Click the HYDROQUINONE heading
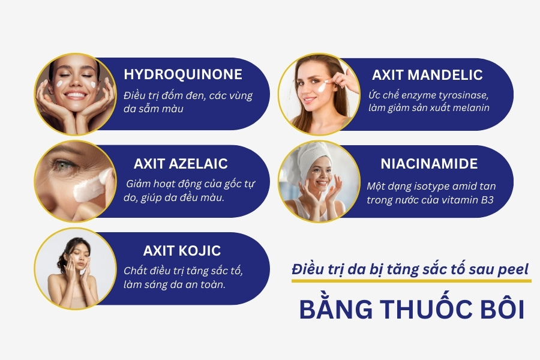183,74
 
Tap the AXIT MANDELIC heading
427,75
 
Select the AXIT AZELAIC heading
181,164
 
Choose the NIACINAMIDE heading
429,164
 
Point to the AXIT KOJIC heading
182,251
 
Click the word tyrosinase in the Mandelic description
463,95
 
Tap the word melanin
472,108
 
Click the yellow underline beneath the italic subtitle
411,281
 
